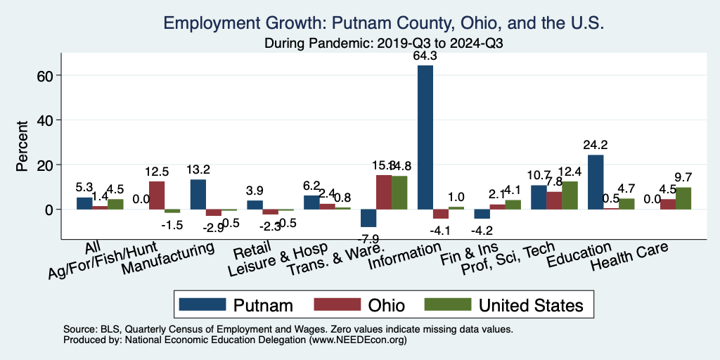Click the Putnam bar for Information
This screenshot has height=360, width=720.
click(x=425, y=137)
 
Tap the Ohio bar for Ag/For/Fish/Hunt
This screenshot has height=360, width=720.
click(x=157, y=195)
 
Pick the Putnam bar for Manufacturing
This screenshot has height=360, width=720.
click(x=198, y=194)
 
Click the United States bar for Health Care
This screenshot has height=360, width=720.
click(x=683, y=198)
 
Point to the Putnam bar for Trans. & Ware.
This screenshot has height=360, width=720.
click(x=368, y=218)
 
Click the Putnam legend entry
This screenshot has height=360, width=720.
click(x=236, y=304)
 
